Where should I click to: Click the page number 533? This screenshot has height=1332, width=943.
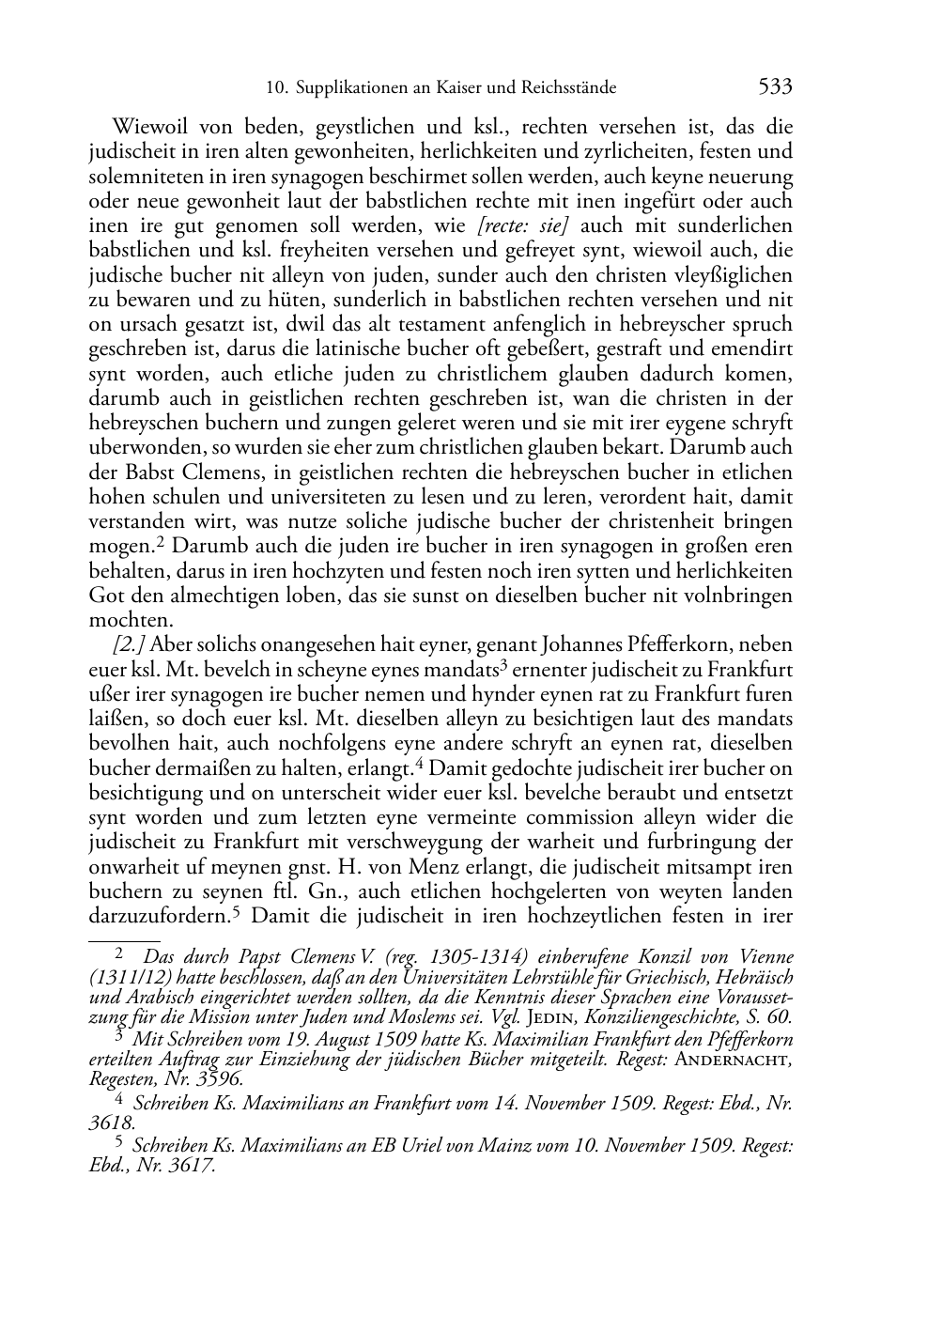[775, 87]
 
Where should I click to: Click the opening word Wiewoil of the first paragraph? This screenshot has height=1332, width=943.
[148, 127]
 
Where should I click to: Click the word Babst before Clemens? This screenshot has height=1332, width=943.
[153, 472]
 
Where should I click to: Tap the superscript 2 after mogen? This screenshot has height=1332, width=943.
[162, 542]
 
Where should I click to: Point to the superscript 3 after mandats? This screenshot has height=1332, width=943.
[503, 666]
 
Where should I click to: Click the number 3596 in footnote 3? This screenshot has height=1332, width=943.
[217, 1079]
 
